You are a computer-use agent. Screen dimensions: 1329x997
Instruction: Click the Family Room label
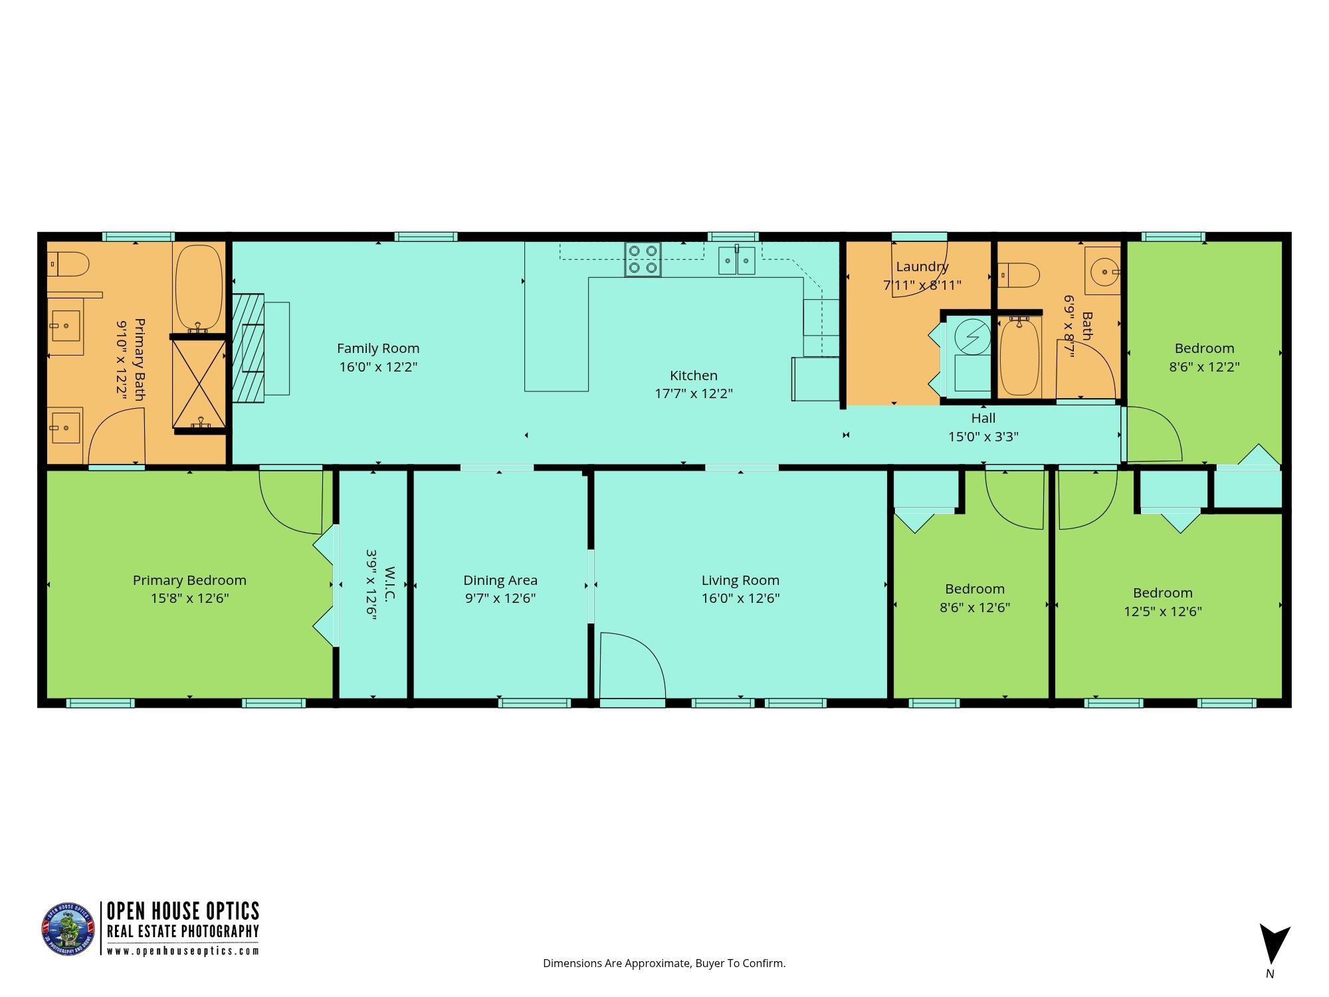pos(378,348)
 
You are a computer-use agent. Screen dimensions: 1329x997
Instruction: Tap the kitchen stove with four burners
pos(643,260)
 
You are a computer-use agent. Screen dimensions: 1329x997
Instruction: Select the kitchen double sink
pos(737,260)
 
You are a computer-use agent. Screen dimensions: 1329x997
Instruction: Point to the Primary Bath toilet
pos(69,264)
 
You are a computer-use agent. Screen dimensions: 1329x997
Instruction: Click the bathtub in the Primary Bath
pos(199,287)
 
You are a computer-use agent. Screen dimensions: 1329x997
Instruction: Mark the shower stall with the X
pos(199,384)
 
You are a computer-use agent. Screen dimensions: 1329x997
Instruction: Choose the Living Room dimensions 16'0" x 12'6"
pos(740,598)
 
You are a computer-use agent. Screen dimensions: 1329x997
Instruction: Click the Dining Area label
pos(500,580)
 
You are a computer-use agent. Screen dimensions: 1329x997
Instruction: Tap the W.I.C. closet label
pos(390,584)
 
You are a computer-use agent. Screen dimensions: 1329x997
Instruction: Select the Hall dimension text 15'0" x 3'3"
pos(983,437)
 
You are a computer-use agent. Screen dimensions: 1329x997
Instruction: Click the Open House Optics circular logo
pos(68,929)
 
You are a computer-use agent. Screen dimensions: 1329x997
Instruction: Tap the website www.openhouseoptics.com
pos(183,951)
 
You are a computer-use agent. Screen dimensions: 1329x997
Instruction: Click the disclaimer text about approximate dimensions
pos(664,963)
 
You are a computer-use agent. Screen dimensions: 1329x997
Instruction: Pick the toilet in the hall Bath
pos(1019,275)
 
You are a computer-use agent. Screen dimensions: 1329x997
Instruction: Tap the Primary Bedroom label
pos(189,580)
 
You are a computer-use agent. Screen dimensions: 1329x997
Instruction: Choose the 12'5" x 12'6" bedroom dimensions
pos(1163,611)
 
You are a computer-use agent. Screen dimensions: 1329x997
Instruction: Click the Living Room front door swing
pos(631,665)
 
